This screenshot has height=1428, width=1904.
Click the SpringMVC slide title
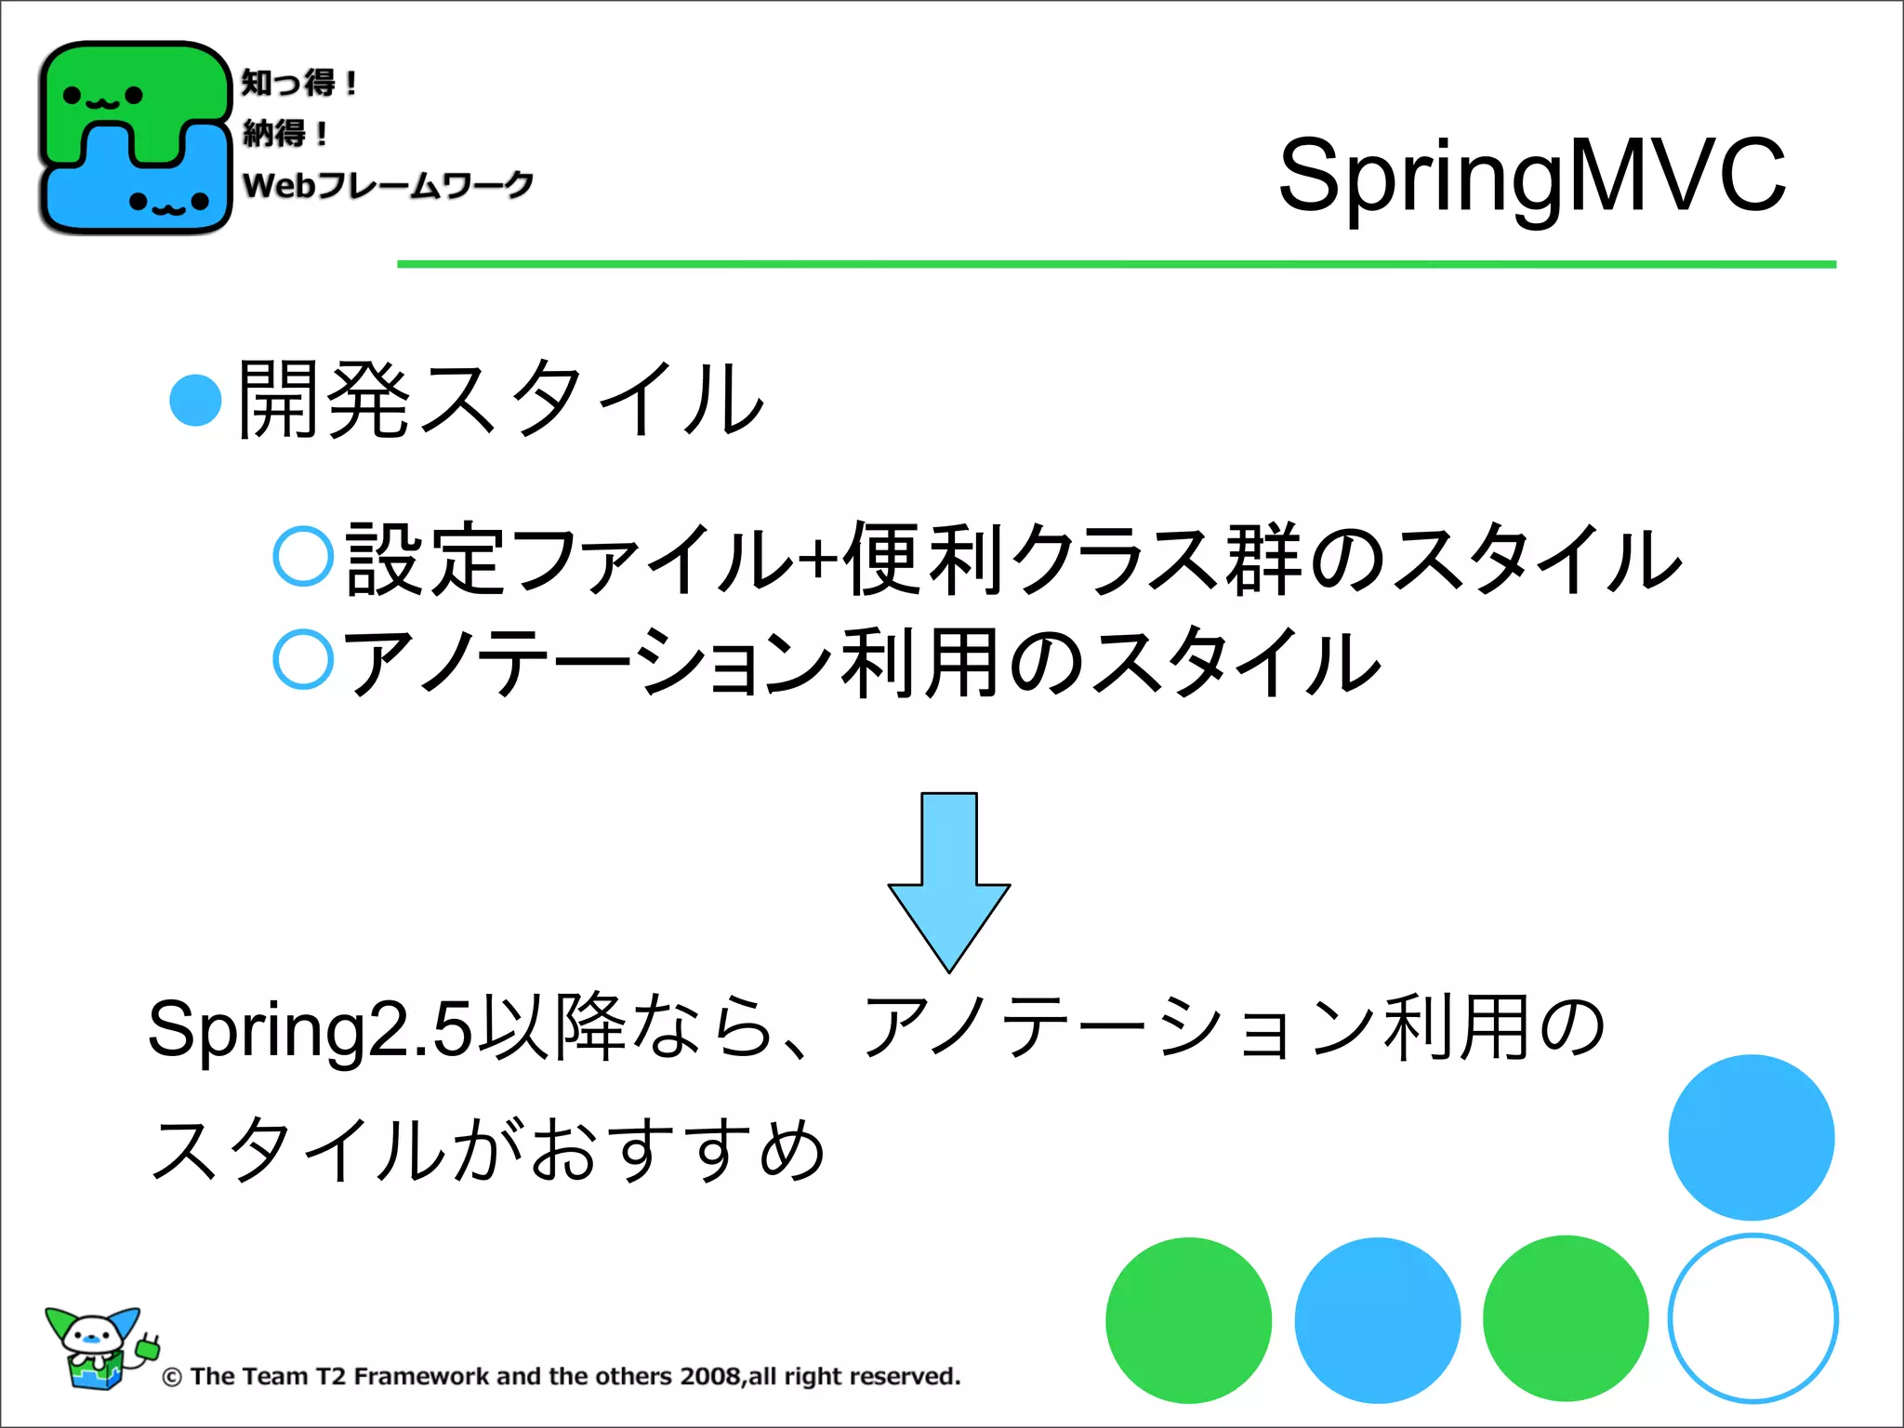1532,175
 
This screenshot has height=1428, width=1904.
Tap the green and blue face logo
135,138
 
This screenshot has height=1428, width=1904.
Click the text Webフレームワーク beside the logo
388,185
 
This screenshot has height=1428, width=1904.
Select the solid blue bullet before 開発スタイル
195,400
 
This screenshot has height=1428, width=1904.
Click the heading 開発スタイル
500,400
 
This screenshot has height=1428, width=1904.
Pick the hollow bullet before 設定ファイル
303,556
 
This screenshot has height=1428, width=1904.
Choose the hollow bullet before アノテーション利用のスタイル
303,659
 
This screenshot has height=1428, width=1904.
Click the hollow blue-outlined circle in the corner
1752,1318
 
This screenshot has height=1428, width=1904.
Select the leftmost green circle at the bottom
1188,1320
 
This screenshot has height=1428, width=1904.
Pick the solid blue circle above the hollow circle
1751,1137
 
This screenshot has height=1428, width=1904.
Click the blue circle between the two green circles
1377,1320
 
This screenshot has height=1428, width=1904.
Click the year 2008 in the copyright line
710,1376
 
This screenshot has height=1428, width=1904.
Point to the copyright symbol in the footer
172,1377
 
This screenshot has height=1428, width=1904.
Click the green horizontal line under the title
1116,265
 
